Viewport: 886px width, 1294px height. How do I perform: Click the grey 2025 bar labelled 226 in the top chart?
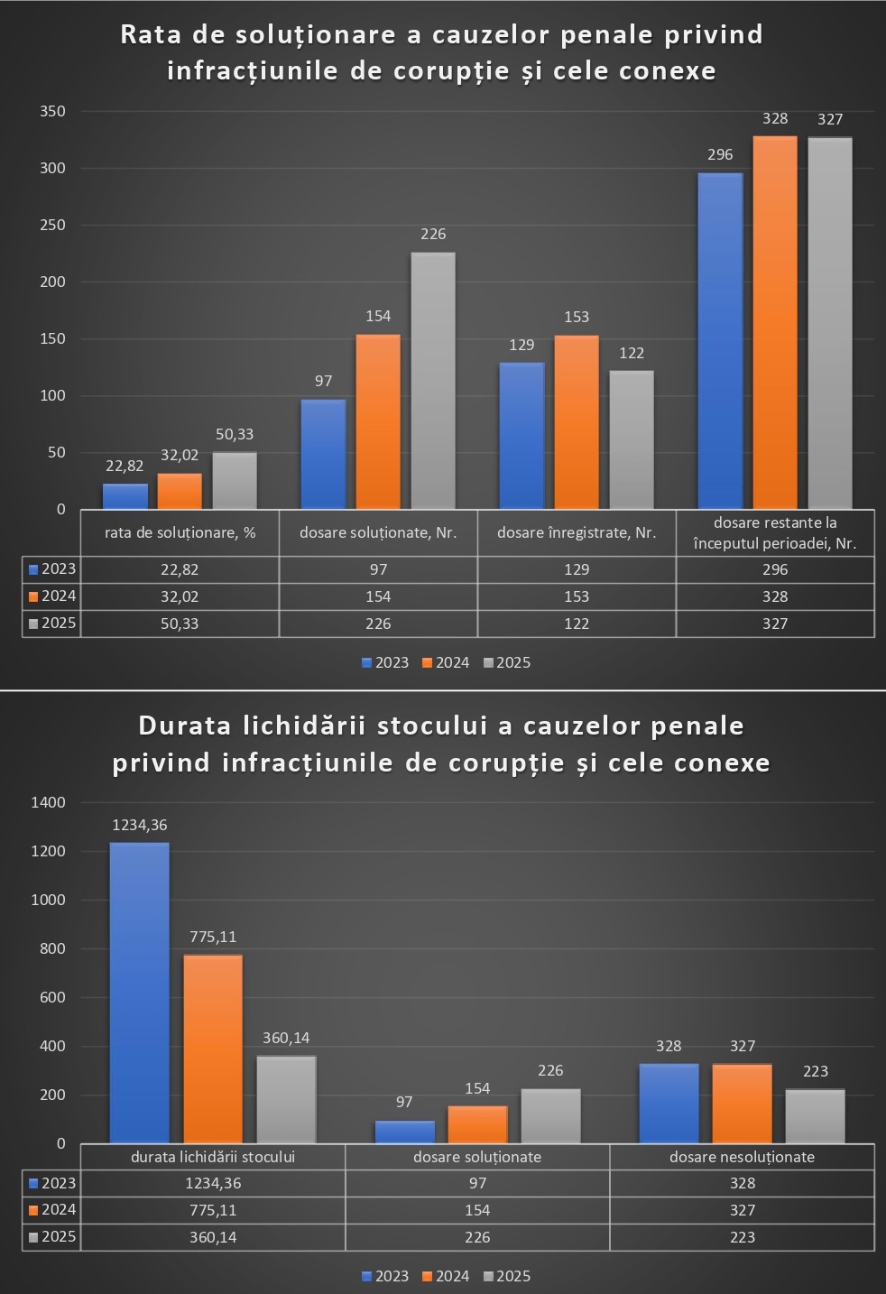pyautogui.click(x=433, y=381)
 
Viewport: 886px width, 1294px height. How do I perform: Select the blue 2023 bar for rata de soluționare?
pyautogui.click(x=125, y=496)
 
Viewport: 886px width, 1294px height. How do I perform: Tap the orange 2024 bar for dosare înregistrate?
pyautogui.click(x=577, y=422)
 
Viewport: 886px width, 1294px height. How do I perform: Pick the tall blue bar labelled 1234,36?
pyautogui.click(x=139, y=993)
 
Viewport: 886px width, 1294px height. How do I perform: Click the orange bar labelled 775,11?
pyautogui.click(x=213, y=1049)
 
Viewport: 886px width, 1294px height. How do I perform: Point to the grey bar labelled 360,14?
pyautogui.click(x=286, y=1099)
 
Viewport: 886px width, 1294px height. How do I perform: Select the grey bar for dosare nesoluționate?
pyautogui.click(x=815, y=1116)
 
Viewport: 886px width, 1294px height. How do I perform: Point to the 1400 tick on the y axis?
pyautogui.click(x=49, y=802)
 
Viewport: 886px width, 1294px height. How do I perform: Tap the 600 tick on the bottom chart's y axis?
pyautogui.click(x=53, y=997)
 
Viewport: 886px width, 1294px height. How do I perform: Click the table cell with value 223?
pyautogui.click(x=742, y=1237)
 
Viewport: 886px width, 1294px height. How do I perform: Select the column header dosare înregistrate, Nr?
pyautogui.click(x=576, y=532)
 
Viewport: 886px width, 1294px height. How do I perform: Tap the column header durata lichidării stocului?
pyautogui.click(x=213, y=1157)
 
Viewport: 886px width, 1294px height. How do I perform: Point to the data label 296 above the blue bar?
pyautogui.click(x=720, y=154)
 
